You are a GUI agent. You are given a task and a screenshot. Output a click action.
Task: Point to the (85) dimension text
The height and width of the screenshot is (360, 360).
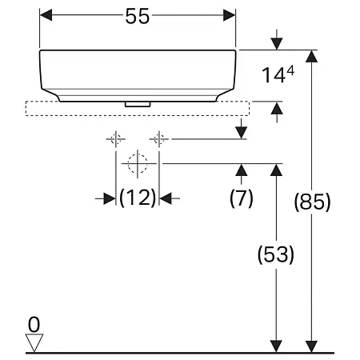pos(312,202)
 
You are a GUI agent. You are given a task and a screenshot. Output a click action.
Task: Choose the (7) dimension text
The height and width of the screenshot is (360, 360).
pos(242,198)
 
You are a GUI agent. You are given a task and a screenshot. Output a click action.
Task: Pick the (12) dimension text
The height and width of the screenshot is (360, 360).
pos(138,198)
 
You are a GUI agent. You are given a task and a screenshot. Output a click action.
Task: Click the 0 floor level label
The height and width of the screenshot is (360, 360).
pos(33,324)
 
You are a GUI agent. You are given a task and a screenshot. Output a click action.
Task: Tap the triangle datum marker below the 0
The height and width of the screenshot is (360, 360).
pos(34,342)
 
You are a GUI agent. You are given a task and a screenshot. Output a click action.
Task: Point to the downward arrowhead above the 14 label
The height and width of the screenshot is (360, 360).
pos(276,42)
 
